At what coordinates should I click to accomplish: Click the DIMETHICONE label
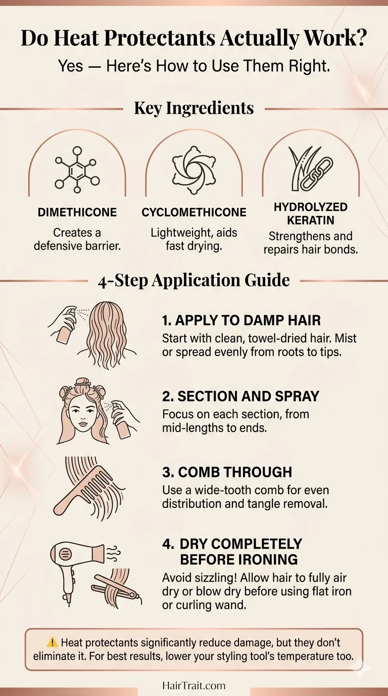click(77, 212)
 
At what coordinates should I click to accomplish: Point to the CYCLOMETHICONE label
click(194, 212)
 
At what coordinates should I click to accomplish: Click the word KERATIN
click(311, 221)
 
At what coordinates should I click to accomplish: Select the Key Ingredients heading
click(194, 108)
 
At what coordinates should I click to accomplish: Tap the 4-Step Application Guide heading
click(194, 280)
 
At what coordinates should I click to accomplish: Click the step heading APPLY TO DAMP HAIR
click(241, 320)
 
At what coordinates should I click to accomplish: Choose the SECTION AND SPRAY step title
click(240, 397)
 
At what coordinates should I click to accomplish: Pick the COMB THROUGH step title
click(227, 472)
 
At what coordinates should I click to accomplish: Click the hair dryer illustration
click(76, 561)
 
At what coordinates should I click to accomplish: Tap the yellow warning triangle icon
click(52, 643)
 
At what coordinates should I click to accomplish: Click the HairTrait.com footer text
click(194, 686)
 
